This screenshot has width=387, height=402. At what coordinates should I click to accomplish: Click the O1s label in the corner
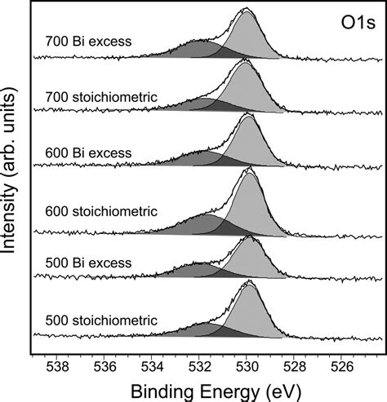pyautogui.click(x=358, y=23)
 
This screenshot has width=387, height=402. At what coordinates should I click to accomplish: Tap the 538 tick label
pyautogui.click(x=57, y=368)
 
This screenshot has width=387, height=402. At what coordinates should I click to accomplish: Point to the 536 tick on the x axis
pyautogui.click(x=105, y=368)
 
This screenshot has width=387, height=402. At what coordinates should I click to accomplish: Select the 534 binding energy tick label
pyautogui.click(x=152, y=368)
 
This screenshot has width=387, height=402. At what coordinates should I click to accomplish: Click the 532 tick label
pyautogui.click(x=199, y=368)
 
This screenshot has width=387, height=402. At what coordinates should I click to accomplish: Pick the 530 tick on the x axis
pyautogui.click(x=247, y=368)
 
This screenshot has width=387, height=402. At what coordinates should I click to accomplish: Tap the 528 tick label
pyautogui.click(x=294, y=368)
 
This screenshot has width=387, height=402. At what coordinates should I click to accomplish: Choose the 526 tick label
pyautogui.click(x=341, y=368)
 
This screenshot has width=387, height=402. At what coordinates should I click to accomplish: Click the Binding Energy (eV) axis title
pyautogui.click(x=216, y=392)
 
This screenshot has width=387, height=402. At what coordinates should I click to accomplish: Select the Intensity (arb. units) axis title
pyautogui.click(x=9, y=170)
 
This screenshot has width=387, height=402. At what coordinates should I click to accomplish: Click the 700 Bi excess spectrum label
pyautogui.click(x=88, y=42)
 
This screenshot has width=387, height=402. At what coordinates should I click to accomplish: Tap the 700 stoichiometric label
pyautogui.click(x=101, y=97)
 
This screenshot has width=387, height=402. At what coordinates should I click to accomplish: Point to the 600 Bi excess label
pyautogui.click(x=88, y=153)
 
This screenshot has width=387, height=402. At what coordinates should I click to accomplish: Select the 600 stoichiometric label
pyautogui.click(x=101, y=211)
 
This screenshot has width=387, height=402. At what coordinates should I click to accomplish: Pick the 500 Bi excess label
pyautogui.click(x=88, y=263)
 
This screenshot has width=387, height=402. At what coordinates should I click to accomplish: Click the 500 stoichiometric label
pyautogui.click(x=101, y=320)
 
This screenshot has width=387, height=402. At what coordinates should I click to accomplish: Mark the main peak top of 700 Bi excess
pyautogui.click(x=247, y=8)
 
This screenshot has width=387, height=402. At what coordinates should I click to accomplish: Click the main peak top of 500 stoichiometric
pyautogui.click(x=250, y=281)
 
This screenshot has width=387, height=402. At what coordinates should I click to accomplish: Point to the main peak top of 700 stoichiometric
pyautogui.click(x=245, y=59)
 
